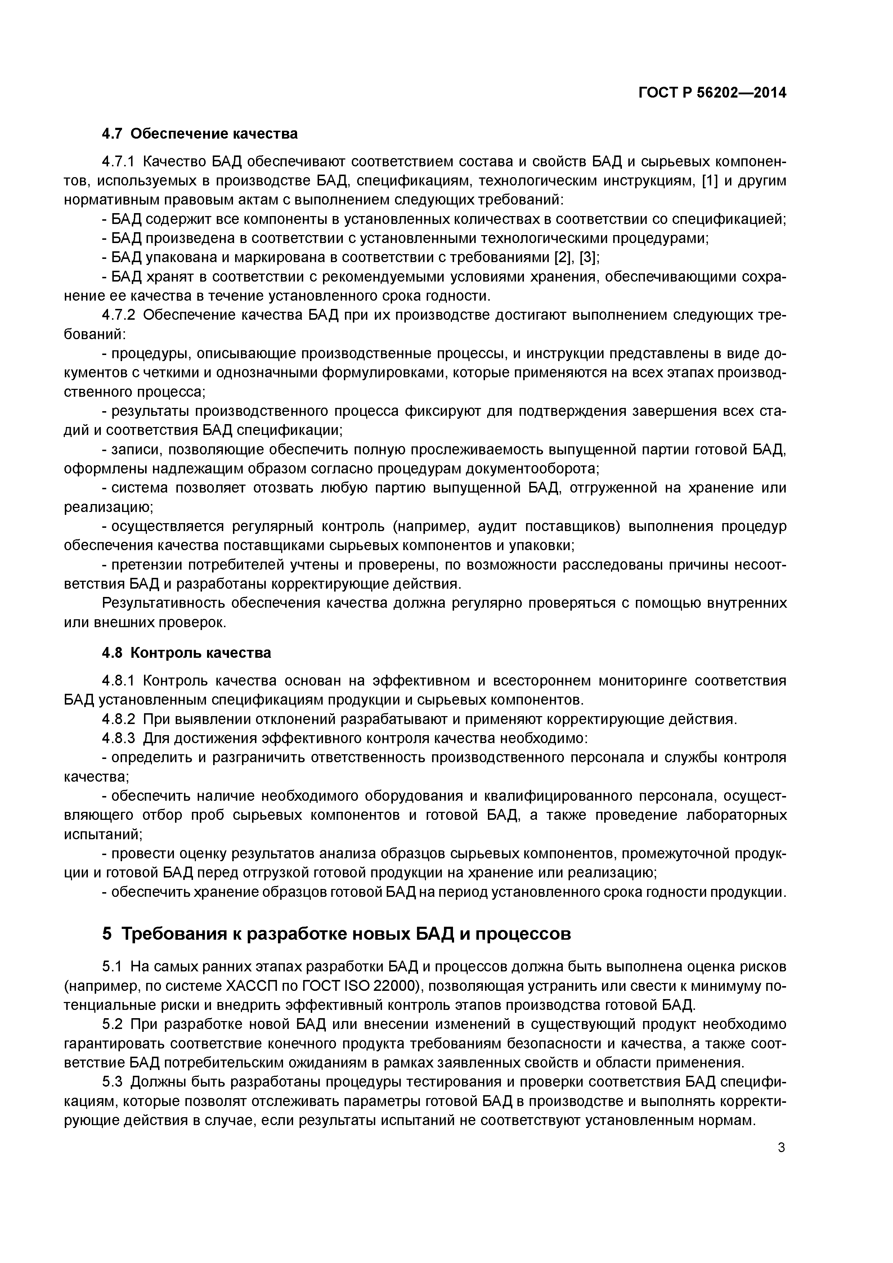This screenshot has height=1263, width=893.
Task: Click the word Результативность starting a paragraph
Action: tap(162, 603)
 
